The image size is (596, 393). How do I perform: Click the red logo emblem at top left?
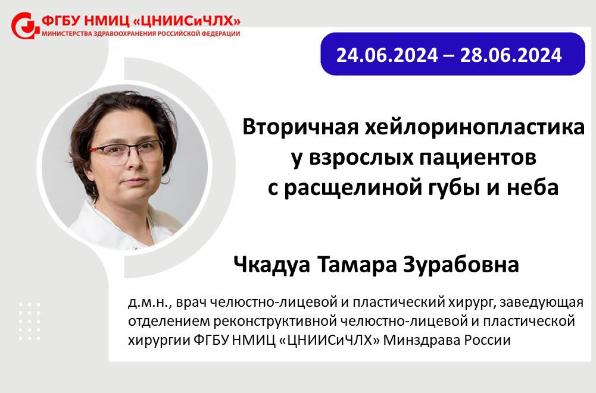(25, 26)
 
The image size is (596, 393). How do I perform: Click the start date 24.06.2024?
(387, 55)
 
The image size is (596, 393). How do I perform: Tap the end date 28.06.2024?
(511, 55)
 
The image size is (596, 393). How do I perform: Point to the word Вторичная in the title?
(300, 127)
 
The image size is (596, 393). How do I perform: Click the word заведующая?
(541, 303)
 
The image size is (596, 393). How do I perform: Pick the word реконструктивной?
(276, 321)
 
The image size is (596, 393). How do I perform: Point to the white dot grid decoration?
(30, 321)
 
